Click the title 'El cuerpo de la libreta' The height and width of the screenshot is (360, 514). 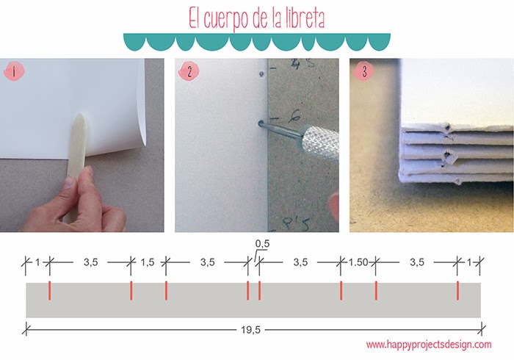tap(257, 16)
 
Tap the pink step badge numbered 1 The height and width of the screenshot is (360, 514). tap(12, 72)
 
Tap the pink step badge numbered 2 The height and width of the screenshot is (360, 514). tap(189, 72)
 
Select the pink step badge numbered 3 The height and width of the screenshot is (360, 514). tap(363, 72)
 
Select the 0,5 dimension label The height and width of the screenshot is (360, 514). tap(263, 243)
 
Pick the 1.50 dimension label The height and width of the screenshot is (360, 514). tap(358, 261)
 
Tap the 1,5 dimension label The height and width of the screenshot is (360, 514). tap(148, 261)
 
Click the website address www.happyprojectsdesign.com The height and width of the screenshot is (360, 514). tap(428, 344)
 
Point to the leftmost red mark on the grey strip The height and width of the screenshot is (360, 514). tap(49, 290)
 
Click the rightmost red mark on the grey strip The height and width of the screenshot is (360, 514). tap(457, 290)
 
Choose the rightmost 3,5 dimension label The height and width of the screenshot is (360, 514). tap(416, 261)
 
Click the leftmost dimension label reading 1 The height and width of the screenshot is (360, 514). tap(37, 261)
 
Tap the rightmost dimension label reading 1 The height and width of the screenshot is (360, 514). tap(470, 261)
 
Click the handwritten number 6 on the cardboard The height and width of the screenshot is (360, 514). tap(275, 116)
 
